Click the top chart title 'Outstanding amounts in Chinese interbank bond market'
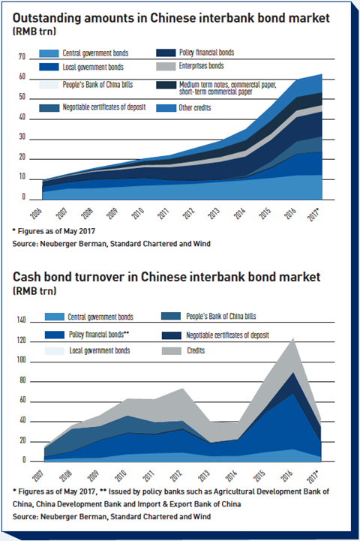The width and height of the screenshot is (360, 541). [x=171, y=18]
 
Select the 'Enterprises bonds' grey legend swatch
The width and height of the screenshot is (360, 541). [x=166, y=66]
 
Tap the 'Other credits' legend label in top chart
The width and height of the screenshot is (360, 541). [x=195, y=108]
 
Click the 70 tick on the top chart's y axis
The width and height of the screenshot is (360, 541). [x=22, y=57]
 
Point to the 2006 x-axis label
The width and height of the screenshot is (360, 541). [x=36, y=214]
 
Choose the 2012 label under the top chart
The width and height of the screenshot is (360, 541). [x=188, y=214]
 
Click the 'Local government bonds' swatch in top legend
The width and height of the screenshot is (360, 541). [x=49, y=67]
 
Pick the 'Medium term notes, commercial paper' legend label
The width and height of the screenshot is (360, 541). [x=227, y=85]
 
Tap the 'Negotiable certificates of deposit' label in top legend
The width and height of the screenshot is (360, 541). [x=104, y=107]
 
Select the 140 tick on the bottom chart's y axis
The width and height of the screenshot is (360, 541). [x=22, y=320]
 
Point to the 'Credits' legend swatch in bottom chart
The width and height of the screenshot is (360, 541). [x=172, y=351]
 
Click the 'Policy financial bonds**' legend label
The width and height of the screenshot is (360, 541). [x=99, y=335]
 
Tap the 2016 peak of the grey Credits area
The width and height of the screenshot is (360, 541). [x=293, y=338]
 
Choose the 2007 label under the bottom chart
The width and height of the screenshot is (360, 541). [x=38, y=476]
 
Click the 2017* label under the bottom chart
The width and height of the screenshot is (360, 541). [x=313, y=476]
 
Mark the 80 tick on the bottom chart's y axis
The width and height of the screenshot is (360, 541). [x=22, y=380]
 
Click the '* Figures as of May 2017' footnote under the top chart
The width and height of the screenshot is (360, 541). [x=54, y=231]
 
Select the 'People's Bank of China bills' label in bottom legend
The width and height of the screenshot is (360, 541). [x=221, y=316]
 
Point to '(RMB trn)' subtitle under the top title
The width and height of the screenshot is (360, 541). [x=34, y=32]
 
